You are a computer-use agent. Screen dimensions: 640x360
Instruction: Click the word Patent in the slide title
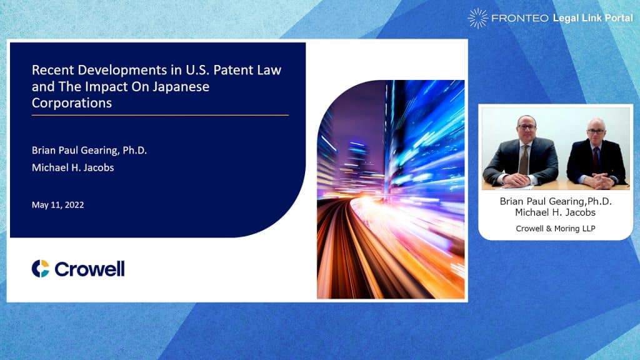click(234, 70)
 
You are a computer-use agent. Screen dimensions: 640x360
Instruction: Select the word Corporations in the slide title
click(72, 103)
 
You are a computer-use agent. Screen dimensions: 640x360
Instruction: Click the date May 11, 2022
click(58, 205)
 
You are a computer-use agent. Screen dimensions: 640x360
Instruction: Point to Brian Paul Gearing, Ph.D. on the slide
click(89, 150)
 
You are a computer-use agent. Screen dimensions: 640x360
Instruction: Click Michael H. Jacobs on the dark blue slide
click(72, 167)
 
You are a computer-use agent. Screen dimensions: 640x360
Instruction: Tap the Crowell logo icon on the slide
click(41, 269)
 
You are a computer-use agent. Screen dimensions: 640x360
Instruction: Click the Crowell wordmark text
click(89, 269)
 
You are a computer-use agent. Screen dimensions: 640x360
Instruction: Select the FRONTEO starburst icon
click(477, 18)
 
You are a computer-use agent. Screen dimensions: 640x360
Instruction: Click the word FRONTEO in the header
click(519, 18)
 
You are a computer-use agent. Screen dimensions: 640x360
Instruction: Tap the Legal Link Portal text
click(592, 18)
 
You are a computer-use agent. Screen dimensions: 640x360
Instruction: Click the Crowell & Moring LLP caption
click(556, 229)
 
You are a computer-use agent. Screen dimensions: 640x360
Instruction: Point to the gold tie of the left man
click(523, 159)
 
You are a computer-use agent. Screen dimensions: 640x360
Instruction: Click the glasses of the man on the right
click(596, 131)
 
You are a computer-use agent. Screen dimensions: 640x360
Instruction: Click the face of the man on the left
click(526, 129)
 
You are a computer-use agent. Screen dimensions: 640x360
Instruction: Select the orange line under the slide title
click(160, 116)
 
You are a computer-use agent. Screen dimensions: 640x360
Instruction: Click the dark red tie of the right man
click(596, 157)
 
